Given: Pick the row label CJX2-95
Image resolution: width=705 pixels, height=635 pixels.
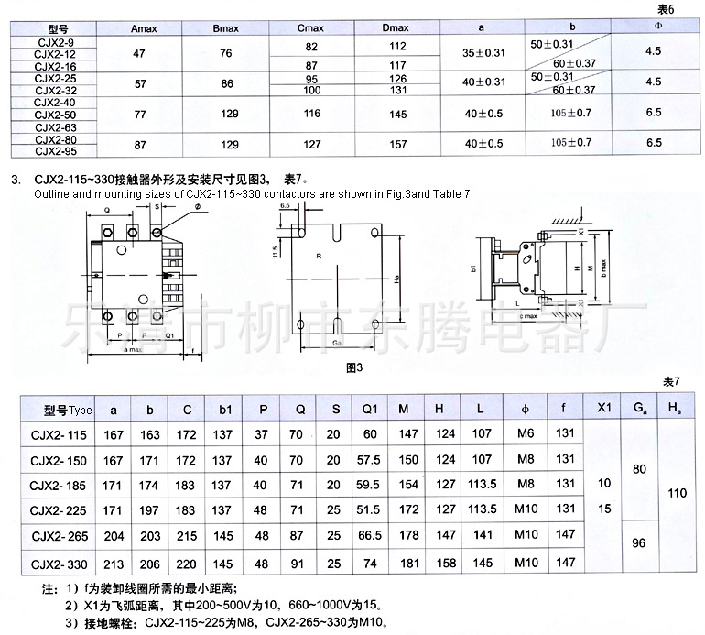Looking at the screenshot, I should point(54,151).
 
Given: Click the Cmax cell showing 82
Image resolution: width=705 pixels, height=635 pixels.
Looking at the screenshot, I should point(312,46).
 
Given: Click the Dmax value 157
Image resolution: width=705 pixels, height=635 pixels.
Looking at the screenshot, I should point(396,144).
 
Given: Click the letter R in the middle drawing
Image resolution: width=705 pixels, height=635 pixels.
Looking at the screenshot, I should point(318,257).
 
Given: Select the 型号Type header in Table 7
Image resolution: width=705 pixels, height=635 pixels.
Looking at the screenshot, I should point(68,410).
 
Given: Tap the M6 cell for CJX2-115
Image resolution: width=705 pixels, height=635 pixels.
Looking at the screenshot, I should point(525,434).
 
